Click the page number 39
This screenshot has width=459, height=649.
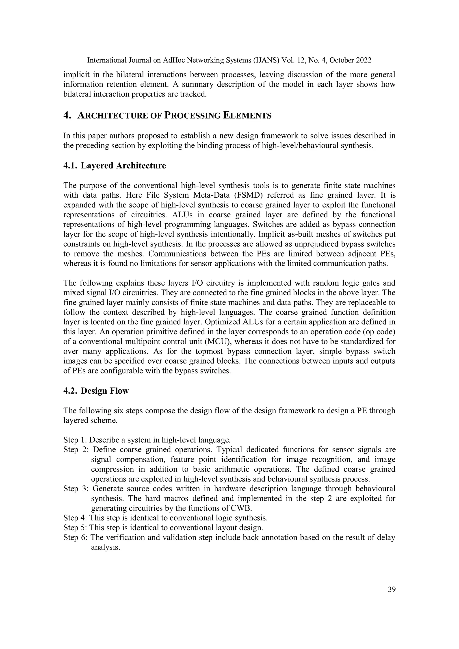(391, 589)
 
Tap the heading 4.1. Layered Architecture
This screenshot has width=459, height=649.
(115, 165)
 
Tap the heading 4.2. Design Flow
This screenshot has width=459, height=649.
(96, 391)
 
